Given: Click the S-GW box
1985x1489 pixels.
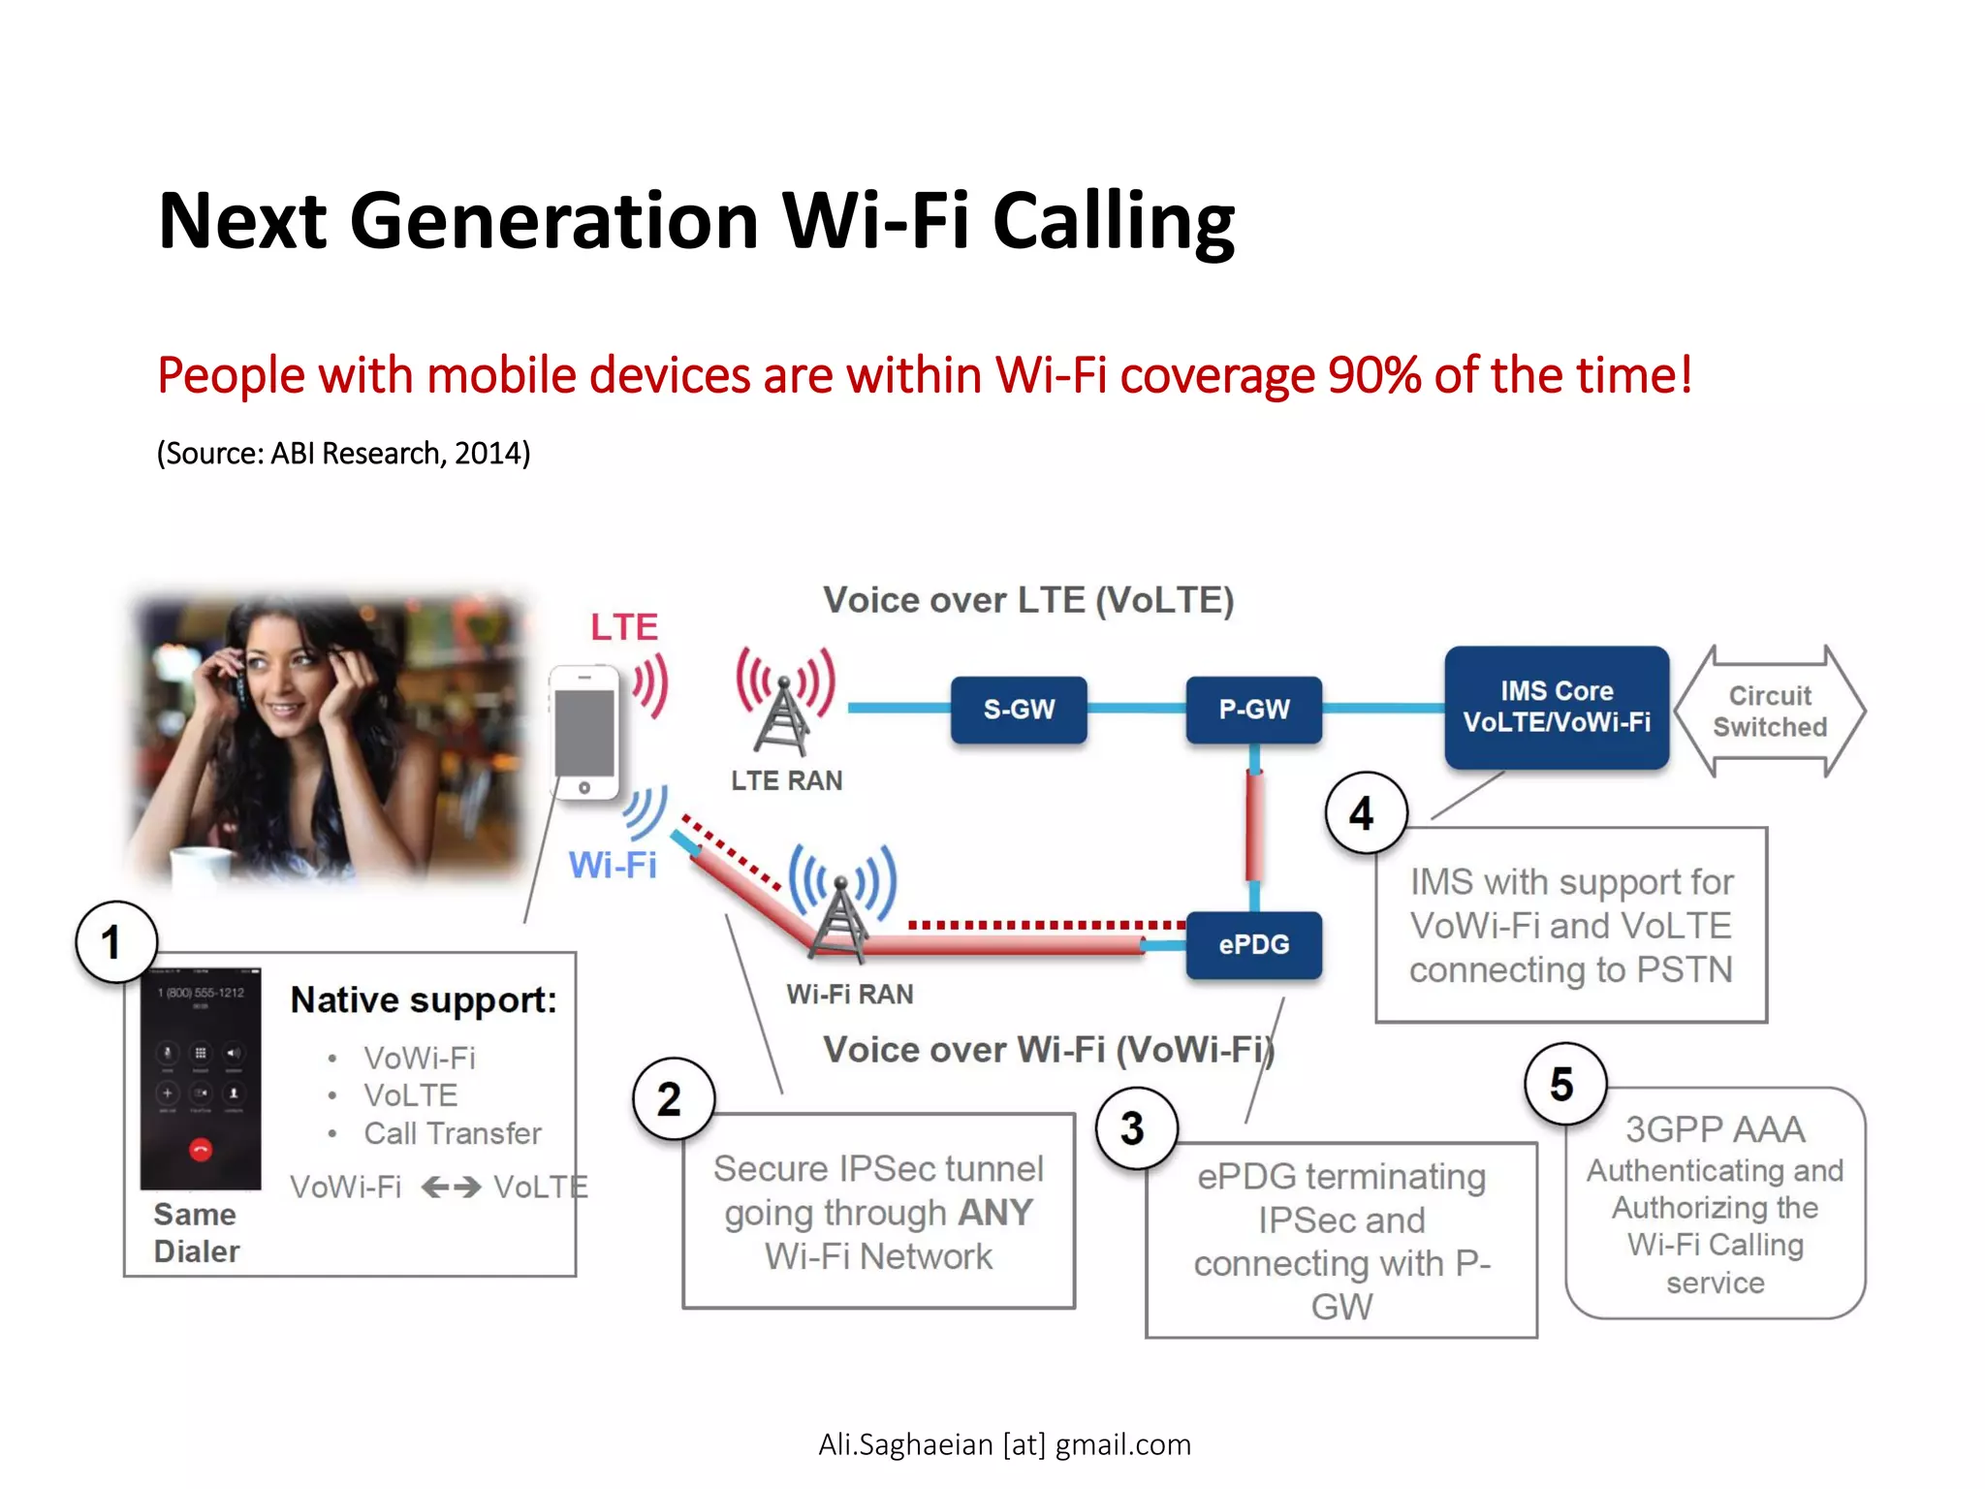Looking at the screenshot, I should pos(1018,710).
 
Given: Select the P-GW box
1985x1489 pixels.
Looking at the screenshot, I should pos(1253,710).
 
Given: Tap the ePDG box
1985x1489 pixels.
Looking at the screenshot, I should pos(1253,944).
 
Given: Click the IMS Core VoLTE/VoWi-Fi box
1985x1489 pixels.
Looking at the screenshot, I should pos(1557,707).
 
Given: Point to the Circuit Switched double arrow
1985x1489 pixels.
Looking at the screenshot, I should pos(1770,712).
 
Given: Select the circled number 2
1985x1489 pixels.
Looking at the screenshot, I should pos(672,1099).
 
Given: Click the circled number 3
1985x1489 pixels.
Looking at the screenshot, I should pos(1135,1128).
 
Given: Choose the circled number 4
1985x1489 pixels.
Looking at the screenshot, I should pos(1365,813).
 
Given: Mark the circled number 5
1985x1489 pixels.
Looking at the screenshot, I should pos(1563,1084).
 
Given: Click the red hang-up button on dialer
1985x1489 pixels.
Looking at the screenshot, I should pos(201,1151).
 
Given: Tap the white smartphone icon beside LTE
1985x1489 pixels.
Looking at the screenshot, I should pos(584,733).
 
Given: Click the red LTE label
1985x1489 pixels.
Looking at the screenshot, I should pos(624,627).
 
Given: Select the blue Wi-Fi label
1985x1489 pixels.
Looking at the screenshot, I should pos(613,865).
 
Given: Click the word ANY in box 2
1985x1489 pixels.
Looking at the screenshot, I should pos(994,1213).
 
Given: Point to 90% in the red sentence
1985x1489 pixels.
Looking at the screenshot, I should pos(1374,375).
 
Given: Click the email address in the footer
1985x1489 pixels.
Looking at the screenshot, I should pos(1004,1444).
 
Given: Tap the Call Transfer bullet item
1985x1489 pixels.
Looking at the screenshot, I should pos(452,1133).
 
